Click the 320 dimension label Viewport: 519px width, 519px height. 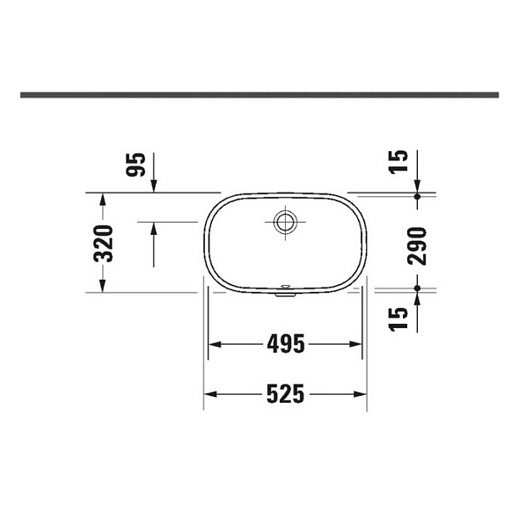[103, 244]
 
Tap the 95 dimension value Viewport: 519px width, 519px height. [135, 164]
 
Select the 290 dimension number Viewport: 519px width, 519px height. [417, 246]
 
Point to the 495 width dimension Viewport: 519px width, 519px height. [286, 344]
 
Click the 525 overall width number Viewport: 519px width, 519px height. [285, 394]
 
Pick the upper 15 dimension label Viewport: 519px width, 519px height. [398, 161]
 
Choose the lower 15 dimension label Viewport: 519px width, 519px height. [398, 318]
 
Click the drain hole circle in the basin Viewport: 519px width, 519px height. [285, 222]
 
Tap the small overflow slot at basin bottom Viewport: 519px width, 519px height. [285, 285]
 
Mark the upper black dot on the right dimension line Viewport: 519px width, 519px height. [417, 196]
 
